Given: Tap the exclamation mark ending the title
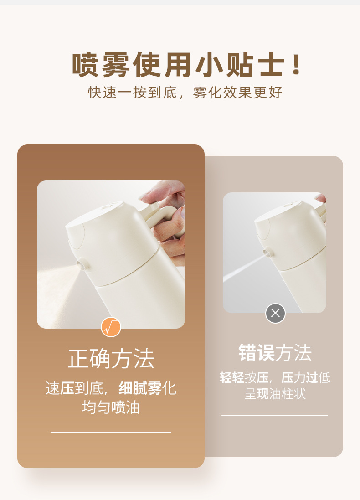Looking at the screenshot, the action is [297, 64].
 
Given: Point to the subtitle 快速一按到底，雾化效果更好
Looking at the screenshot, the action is [185, 93].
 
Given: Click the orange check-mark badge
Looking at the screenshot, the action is [111, 327].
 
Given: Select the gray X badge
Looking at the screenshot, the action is [276, 313].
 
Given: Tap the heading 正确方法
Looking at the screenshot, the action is [111, 359].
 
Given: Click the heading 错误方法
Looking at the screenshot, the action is [275, 352].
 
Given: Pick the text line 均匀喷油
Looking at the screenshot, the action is [111, 407].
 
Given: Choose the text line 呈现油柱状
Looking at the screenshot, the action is [275, 394].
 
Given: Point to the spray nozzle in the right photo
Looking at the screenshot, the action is [267, 252].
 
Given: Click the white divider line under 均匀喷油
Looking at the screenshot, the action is [111, 432].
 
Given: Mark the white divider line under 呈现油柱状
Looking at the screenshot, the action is [274, 416].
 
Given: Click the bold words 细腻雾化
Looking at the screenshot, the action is [140, 388].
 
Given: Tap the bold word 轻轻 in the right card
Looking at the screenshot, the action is [232, 377].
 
